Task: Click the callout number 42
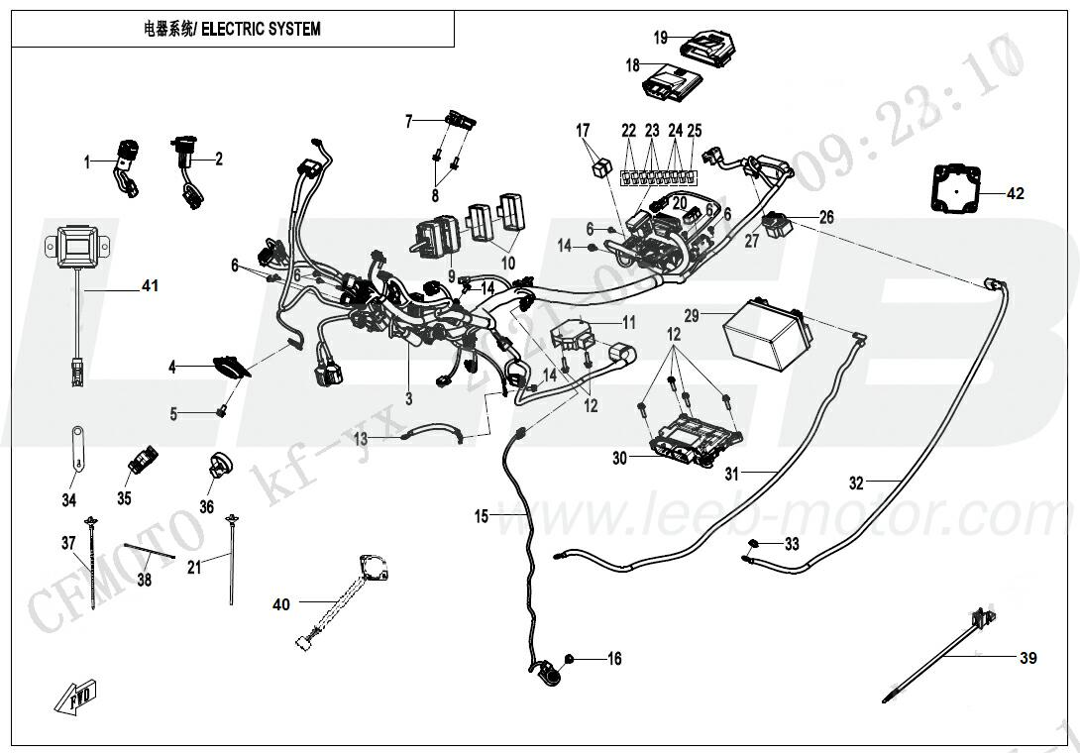[x=1015, y=194]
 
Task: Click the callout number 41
[x=150, y=286]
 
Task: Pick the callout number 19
[x=662, y=38]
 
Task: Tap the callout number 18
[x=633, y=65]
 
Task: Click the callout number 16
[x=614, y=659]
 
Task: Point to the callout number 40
[x=282, y=604]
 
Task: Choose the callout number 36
[x=206, y=505]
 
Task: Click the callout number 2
[x=219, y=157]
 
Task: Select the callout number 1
[x=87, y=161]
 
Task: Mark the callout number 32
[x=856, y=484]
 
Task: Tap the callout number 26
[x=826, y=217]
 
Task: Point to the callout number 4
[x=171, y=367]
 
